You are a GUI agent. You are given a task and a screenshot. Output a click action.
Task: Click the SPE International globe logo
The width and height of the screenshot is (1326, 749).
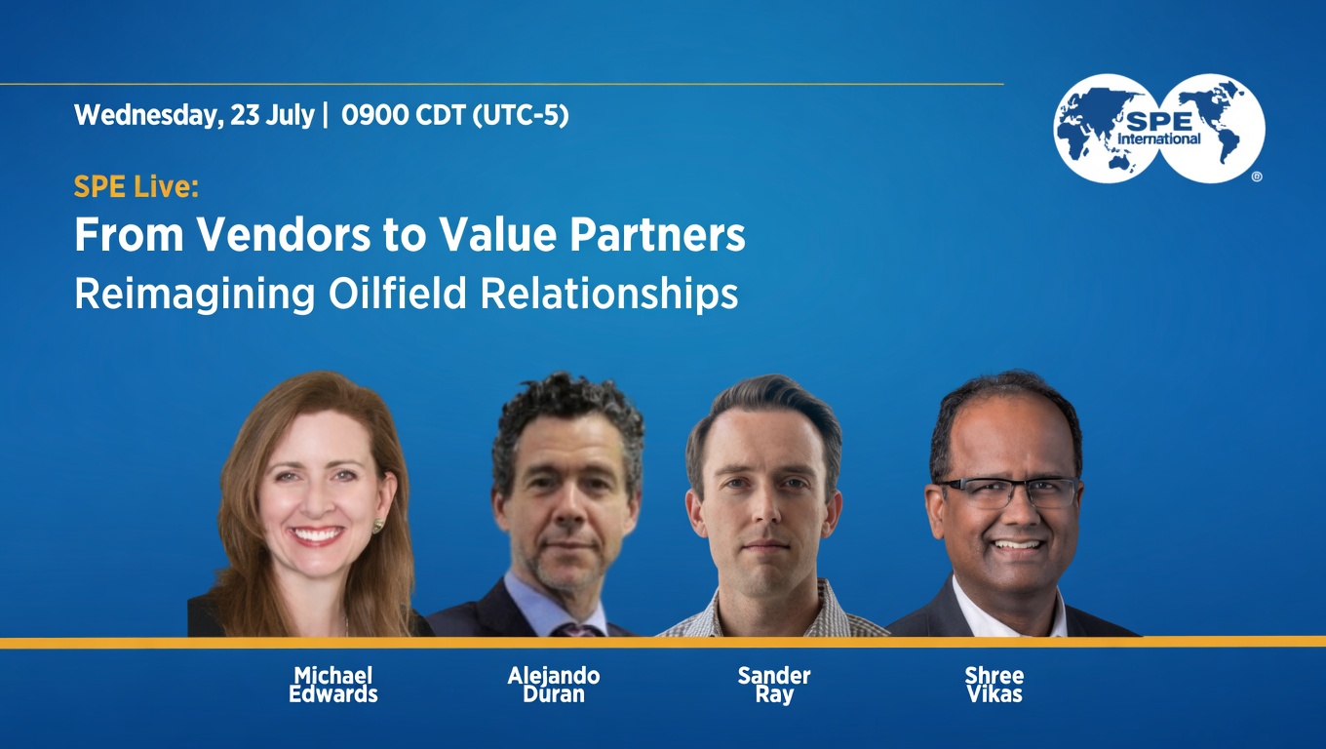pyautogui.click(x=1159, y=129)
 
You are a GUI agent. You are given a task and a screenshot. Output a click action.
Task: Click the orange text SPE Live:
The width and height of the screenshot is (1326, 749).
pyautogui.click(x=136, y=187)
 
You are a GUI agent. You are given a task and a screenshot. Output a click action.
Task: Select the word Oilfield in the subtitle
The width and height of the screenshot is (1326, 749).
pyautogui.click(x=398, y=294)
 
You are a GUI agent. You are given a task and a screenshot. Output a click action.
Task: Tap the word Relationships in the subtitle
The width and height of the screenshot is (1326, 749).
pyautogui.click(x=609, y=295)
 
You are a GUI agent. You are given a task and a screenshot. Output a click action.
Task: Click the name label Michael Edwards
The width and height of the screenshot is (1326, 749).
pyautogui.click(x=333, y=685)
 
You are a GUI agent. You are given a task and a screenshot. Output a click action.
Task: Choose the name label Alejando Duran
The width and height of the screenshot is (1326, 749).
pyautogui.click(x=554, y=685)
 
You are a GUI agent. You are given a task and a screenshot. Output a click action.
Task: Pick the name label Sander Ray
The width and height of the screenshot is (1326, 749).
pyautogui.click(x=774, y=685)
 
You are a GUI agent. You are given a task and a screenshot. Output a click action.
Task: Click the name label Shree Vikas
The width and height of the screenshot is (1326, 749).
pyautogui.click(x=994, y=685)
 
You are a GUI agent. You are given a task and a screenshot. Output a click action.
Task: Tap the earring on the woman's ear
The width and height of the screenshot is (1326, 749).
pyautogui.click(x=377, y=525)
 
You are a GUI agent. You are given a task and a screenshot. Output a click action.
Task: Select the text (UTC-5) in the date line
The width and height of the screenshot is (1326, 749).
pyautogui.click(x=521, y=115)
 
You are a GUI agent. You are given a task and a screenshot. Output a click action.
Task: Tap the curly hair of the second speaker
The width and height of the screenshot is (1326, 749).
pyautogui.click(x=567, y=409)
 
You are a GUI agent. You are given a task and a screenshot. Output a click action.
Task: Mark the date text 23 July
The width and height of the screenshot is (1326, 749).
pyautogui.click(x=272, y=115)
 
